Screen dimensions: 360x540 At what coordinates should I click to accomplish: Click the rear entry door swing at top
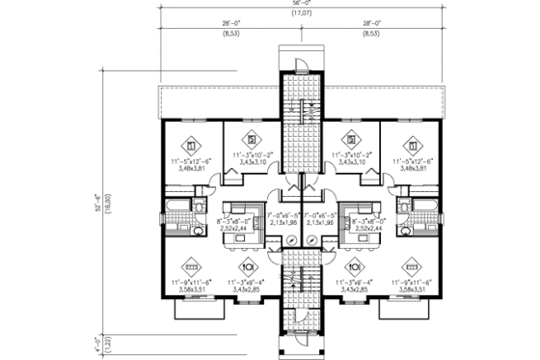pos(302,65)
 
